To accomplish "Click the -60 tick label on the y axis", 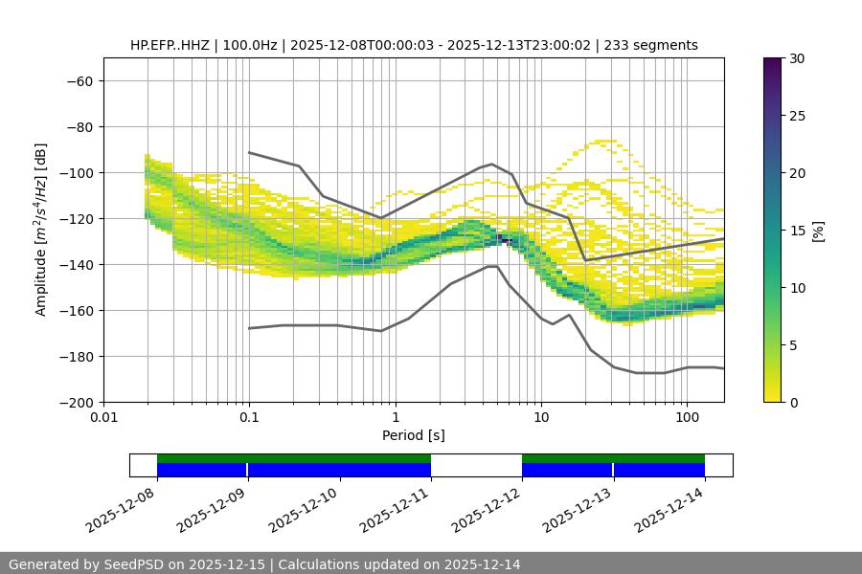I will pyautogui.click(x=79, y=81).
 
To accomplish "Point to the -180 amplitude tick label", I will pyautogui.click(x=76, y=357).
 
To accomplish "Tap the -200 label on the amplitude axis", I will pyautogui.click(x=76, y=403).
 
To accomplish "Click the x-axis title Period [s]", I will pyautogui.click(x=414, y=435).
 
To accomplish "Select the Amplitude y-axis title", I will pyautogui.click(x=41, y=230).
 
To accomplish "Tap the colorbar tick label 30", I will pyautogui.click(x=797, y=58).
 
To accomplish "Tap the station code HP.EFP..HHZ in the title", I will pyautogui.click(x=172, y=45).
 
